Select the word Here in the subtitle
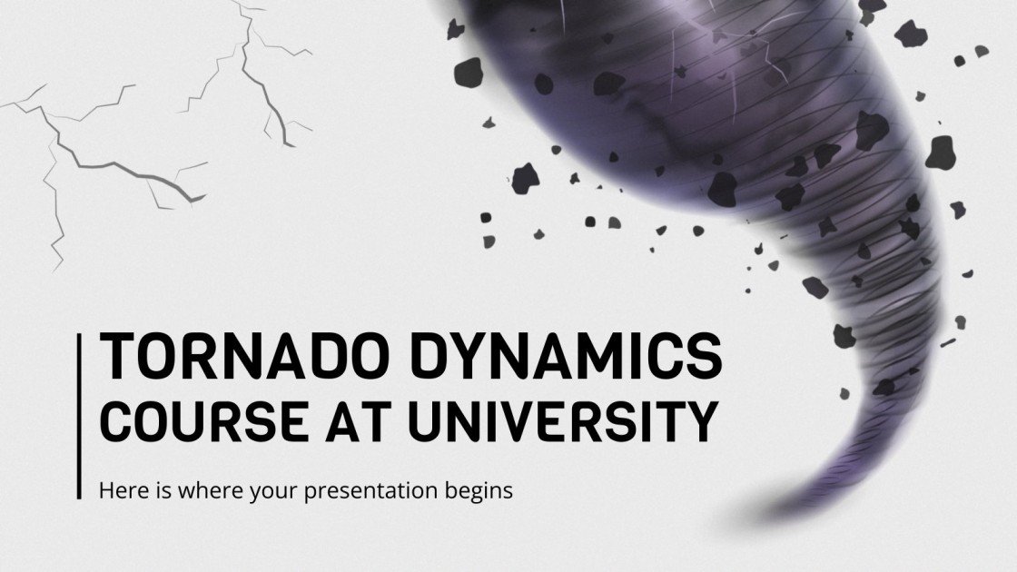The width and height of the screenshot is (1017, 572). click(x=120, y=491)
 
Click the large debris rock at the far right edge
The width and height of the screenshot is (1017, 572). click(x=942, y=150)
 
